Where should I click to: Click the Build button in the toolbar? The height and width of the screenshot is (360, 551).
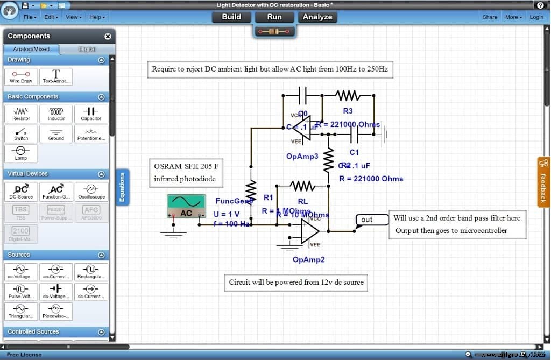231,17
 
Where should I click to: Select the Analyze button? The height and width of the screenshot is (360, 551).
317,17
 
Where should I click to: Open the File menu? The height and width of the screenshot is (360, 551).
30,17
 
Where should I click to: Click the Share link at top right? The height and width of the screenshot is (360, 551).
490,17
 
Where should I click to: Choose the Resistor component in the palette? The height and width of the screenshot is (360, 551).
22,113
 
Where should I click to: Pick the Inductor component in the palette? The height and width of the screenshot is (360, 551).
56,113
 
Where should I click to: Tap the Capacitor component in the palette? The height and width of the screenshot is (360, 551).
91,113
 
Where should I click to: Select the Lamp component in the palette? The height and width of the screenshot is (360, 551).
21,153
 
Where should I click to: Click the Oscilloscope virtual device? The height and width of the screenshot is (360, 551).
91,191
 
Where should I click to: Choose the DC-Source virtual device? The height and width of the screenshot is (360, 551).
21,191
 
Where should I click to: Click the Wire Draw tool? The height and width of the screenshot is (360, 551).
21,76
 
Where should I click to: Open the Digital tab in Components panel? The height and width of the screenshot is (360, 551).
87,49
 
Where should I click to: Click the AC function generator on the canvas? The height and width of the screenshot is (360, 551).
186,206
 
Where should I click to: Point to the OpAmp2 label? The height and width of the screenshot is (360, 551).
309,259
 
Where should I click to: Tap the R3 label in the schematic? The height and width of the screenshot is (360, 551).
348,111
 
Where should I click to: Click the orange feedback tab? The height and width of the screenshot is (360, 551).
543,182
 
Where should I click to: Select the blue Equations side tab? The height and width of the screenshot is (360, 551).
122,187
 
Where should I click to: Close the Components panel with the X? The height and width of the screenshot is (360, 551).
108,36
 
